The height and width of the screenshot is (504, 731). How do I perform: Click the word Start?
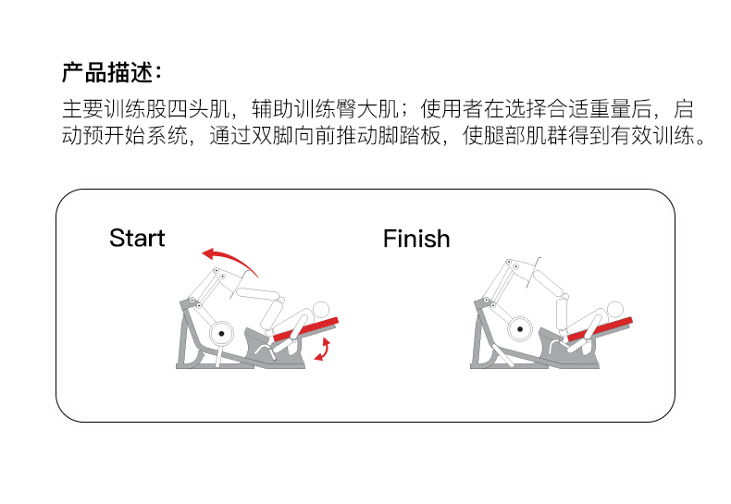point(137,238)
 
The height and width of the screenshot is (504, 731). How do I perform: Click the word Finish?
point(416,239)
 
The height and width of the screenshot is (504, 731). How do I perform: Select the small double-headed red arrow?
point(322,349)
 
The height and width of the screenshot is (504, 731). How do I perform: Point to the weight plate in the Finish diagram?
point(519,328)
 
